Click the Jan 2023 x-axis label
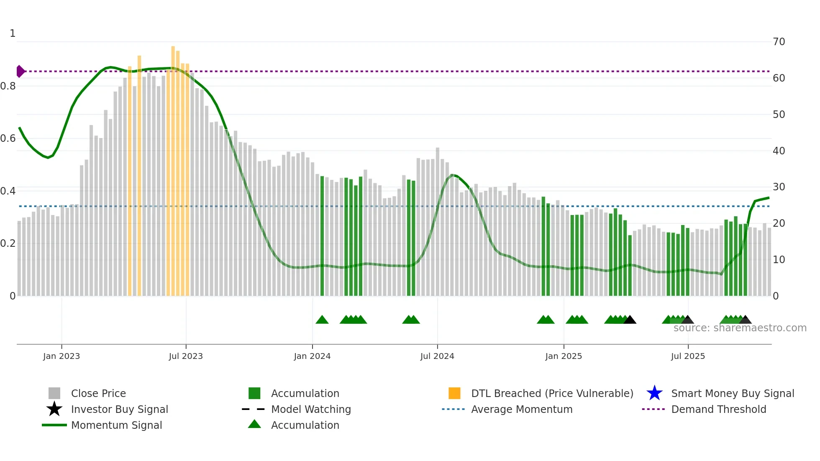pos(61,356)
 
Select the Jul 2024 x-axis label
pos(437,356)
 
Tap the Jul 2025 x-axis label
pos(688,356)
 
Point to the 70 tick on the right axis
pos(779,42)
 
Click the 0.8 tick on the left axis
pos(8,86)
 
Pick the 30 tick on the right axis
pos(779,187)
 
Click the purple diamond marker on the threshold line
pos(20,72)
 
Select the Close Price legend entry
pos(98,393)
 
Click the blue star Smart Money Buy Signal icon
pos(654,393)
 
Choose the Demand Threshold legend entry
pos(718,409)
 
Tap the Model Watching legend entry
pos(311,409)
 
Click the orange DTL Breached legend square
pos(454,393)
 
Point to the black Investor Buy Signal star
pos(54,409)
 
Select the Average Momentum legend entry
pos(521,409)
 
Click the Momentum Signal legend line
pos(54,425)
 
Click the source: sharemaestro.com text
pos(740,328)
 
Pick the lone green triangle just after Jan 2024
pos(322,320)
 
